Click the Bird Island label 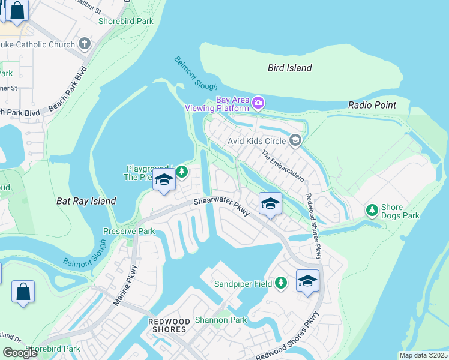[x=289, y=68]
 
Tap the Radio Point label [x=372, y=105]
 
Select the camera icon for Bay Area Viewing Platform [x=258, y=103]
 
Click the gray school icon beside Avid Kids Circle [x=295, y=141]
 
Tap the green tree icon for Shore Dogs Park [x=372, y=210]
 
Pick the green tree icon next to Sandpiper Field [x=280, y=283]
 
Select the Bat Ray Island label [x=86, y=202]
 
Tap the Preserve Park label [x=129, y=231]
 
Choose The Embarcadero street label [x=283, y=166]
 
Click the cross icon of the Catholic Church [x=85, y=43]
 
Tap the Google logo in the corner [x=20, y=353]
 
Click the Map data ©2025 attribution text [x=423, y=355]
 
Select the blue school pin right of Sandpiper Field [x=307, y=281]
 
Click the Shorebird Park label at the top [x=126, y=21]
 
